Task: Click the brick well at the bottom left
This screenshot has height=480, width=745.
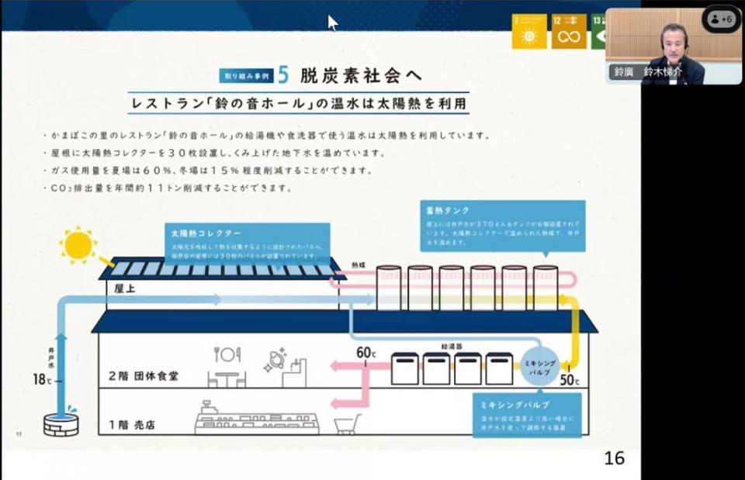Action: coord(61,423)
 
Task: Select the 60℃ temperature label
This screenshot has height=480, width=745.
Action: coord(366,354)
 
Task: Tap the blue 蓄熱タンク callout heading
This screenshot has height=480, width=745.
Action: coord(447,210)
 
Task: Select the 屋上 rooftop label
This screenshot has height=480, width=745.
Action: coord(125,288)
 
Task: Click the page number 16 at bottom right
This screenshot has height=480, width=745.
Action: coord(614,458)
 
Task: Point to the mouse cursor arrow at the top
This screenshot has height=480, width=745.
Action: coord(332,22)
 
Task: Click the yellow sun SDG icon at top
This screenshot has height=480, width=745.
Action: coord(529,32)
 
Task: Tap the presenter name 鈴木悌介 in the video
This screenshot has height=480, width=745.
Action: coord(662,71)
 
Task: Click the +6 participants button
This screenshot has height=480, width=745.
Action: coord(722,19)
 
